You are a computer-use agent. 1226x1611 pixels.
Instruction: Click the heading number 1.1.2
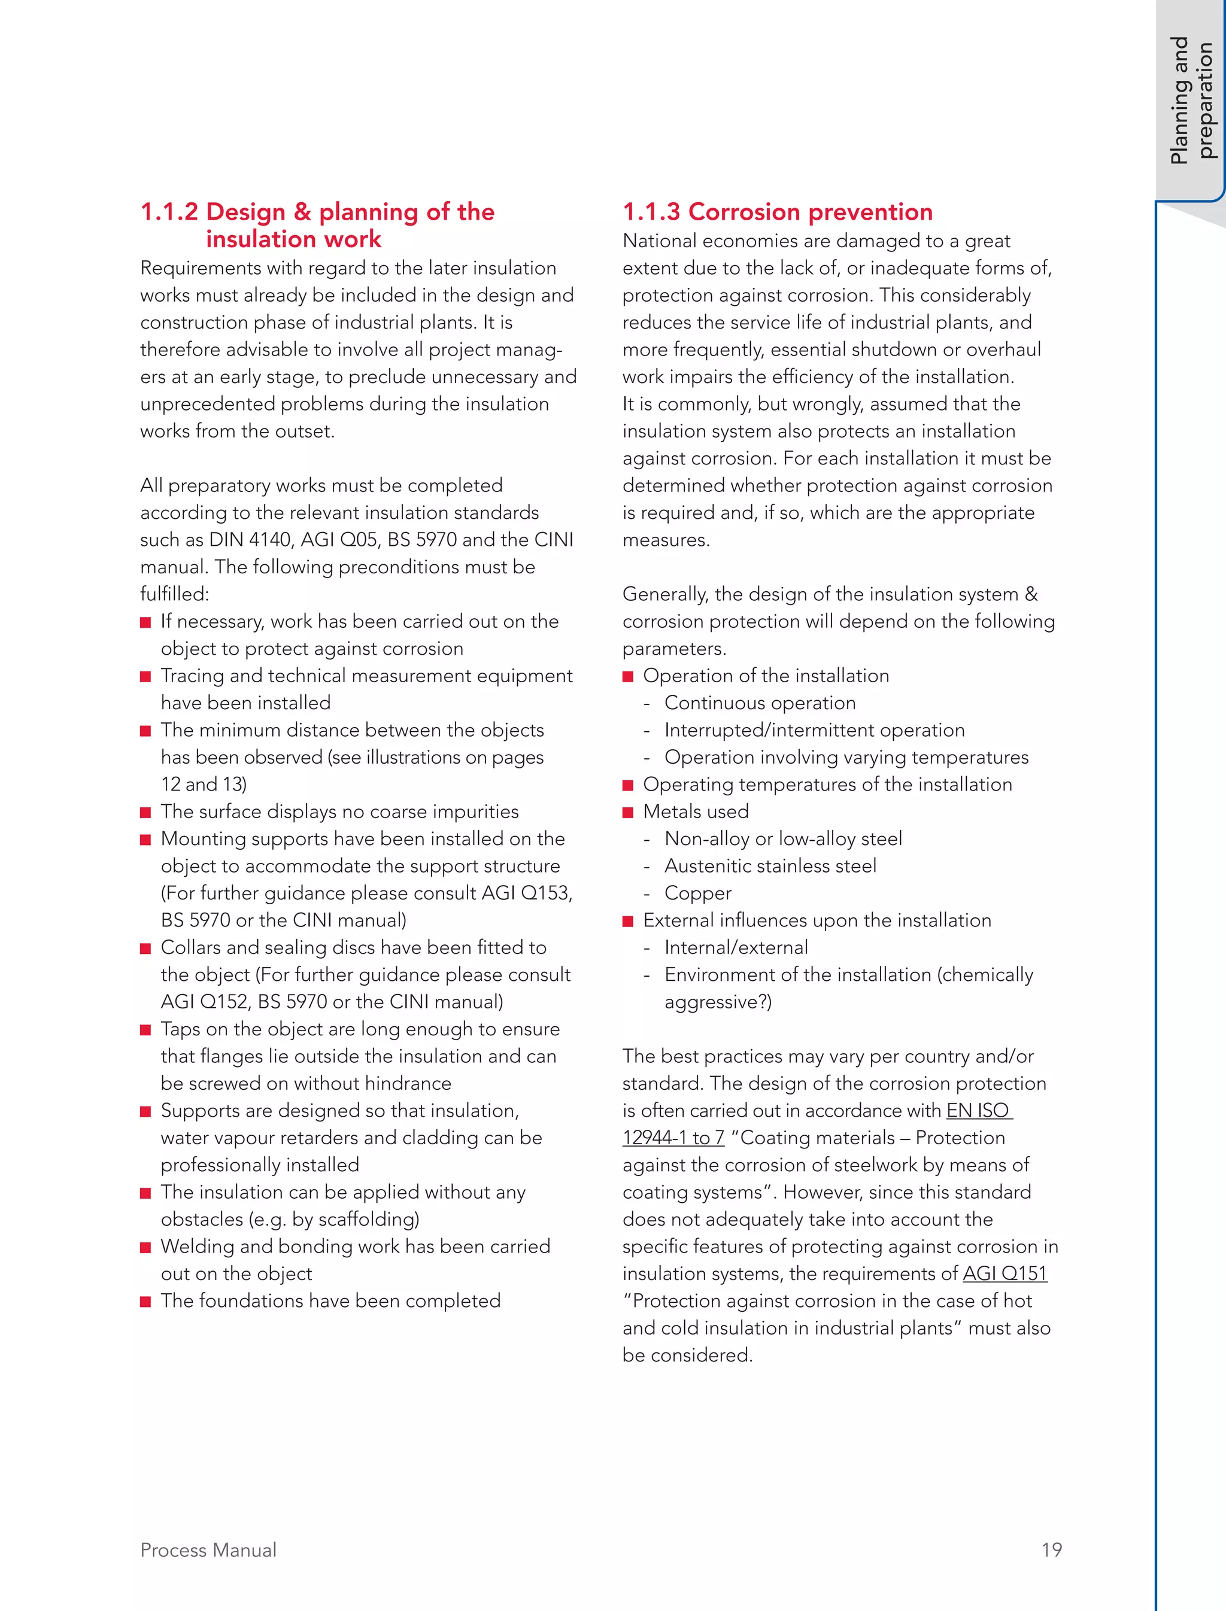[x=169, y=212]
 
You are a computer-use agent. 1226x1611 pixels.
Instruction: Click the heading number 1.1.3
[x=651, y=212]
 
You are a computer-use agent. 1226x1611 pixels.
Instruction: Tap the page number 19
[x=1052, y=1551]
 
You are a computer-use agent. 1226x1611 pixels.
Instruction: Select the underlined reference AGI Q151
[x=1005, y=1274]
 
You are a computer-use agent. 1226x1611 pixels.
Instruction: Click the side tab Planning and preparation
[x=1190, y=100]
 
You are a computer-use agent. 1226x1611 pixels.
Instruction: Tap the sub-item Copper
[x=697, y=894]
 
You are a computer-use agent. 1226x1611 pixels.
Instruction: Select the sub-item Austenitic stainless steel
[x=770, y=866]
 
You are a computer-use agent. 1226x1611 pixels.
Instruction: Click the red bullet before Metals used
[x=627, y=813]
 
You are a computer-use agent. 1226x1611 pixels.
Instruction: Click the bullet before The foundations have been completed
[x=145, y=1302]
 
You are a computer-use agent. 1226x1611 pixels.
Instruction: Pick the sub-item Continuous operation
[x=760, y=703]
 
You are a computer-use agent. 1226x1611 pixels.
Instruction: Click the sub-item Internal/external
[x=736, y=948]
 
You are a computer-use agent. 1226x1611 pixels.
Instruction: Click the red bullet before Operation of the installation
[x=627, y=677]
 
